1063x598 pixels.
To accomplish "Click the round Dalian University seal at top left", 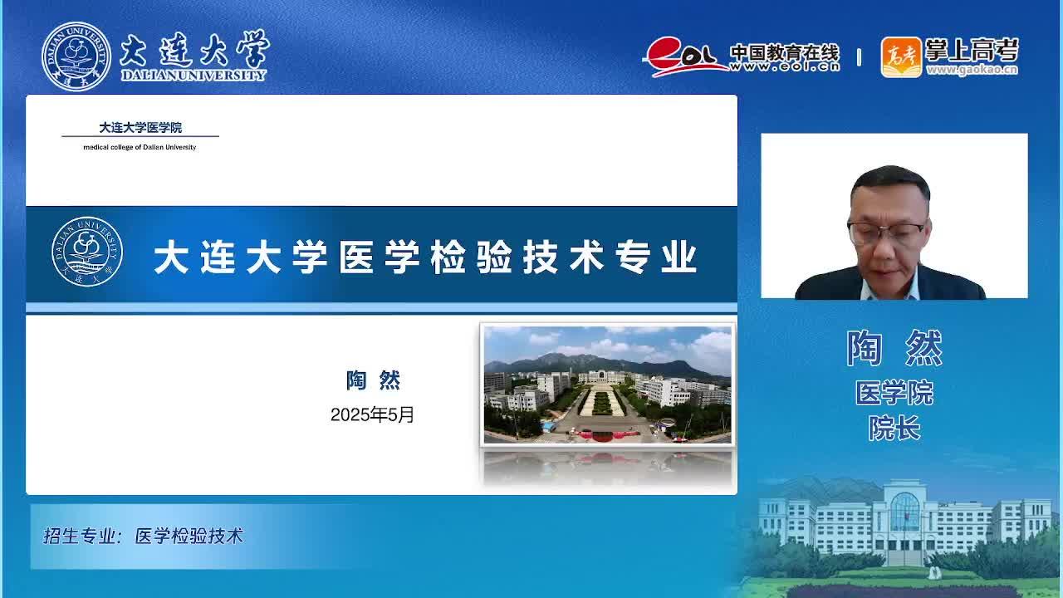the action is (76, 56).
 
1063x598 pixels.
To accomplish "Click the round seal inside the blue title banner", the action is (87, 252).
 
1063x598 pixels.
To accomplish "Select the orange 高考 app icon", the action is (901, 57).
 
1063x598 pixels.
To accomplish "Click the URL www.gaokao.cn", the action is (972, 70).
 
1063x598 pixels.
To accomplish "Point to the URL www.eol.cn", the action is (785, 67).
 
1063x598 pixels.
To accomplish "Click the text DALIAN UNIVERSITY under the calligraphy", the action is (193, 75).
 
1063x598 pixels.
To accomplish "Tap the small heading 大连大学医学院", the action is (140, 127).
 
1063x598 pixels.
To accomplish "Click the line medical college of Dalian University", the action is (140, 147).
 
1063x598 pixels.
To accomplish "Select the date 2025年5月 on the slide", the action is (372, 414).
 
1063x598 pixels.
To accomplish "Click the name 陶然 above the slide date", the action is (373, 380).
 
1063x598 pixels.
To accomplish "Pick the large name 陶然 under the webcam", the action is (894, 348).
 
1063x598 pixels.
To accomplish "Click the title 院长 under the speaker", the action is (894, 428).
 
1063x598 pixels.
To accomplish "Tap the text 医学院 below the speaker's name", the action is (894, 393).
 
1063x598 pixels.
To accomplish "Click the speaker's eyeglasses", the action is (885, 232).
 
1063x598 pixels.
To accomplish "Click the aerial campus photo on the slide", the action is (607, 385).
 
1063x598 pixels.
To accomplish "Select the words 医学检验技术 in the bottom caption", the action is (189, 536).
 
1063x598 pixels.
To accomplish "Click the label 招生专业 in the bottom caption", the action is (80, 536).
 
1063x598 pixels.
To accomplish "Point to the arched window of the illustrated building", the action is (905, 511).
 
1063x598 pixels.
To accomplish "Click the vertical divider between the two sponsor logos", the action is (859, 57).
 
